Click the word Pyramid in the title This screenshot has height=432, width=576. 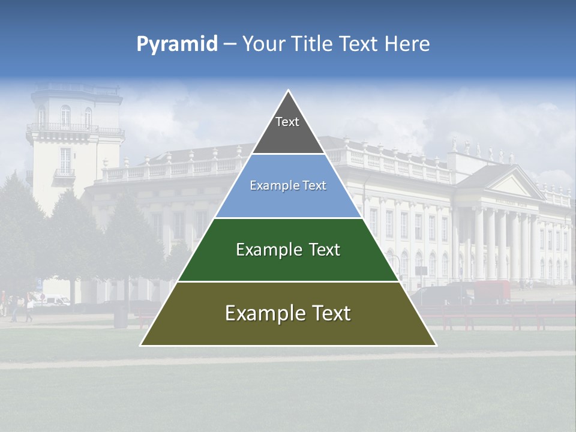pos(177,44)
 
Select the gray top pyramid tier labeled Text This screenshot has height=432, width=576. pos(287,129)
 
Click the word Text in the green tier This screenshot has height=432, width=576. pos(325,250)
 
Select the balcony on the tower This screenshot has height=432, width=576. pos(65,174)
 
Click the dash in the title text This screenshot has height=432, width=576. pos(229,44)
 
